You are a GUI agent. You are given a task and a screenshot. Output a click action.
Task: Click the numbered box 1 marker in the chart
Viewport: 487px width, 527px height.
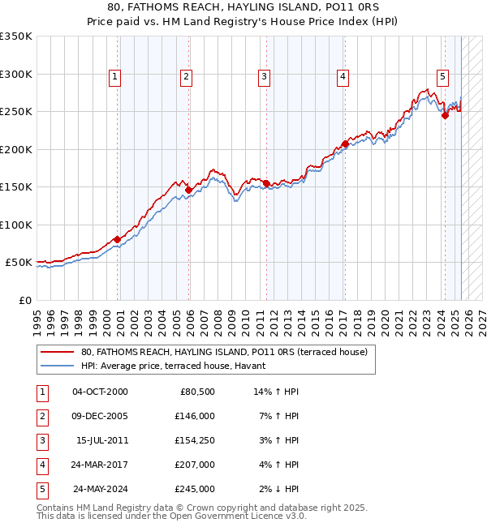coord(114,77)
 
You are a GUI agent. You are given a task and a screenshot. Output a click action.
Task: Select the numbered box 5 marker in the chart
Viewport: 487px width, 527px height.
coord(443,77)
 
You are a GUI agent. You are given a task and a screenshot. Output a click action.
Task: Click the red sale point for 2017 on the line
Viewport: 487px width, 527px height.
coord(345,144)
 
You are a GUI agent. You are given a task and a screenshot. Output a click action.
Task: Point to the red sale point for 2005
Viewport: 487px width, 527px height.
coord(188,190)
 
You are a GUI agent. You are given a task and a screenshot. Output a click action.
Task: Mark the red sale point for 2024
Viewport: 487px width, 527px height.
coord(445,115)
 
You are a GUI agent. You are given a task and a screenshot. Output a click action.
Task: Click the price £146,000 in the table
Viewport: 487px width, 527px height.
coord(196,416)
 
